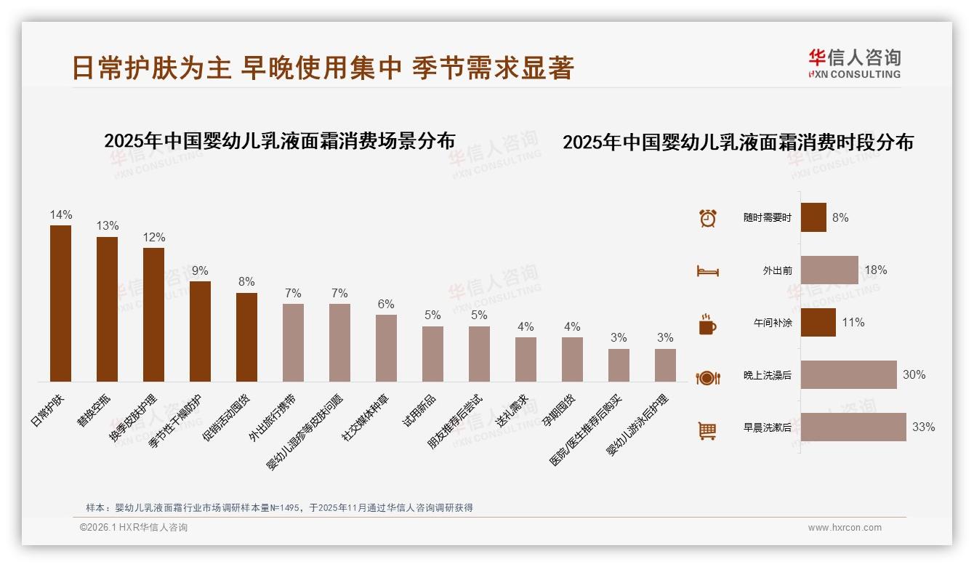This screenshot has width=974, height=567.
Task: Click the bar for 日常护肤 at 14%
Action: tap(60, 303)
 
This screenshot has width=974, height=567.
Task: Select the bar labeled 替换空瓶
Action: tap(107, 309)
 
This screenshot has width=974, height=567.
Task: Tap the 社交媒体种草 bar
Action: tap(386, 347)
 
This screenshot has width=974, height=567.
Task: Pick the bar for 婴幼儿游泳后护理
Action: tap(665, 365)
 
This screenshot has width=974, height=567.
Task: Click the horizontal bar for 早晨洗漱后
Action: tap(853, 427)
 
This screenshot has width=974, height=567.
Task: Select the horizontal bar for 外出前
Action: tap(829, 270)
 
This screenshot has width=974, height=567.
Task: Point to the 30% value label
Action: tap(914, 375)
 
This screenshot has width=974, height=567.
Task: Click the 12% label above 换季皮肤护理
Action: tap(153, 238)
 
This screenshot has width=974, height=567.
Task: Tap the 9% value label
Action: tap(200, 271)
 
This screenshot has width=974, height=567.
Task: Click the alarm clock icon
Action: tap(707, 218)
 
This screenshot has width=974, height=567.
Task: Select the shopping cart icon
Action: tap(707, 430)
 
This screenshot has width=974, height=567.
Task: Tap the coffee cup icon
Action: tap(707, 324)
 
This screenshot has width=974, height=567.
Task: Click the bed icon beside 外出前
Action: tap(707, 271)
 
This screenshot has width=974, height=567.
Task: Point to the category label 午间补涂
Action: tap(773, 323)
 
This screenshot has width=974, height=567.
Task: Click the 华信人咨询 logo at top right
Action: tap(854, 63)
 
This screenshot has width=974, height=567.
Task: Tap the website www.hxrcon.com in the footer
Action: tap(845, 528)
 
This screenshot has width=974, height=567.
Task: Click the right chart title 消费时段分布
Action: tap(738, 142)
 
